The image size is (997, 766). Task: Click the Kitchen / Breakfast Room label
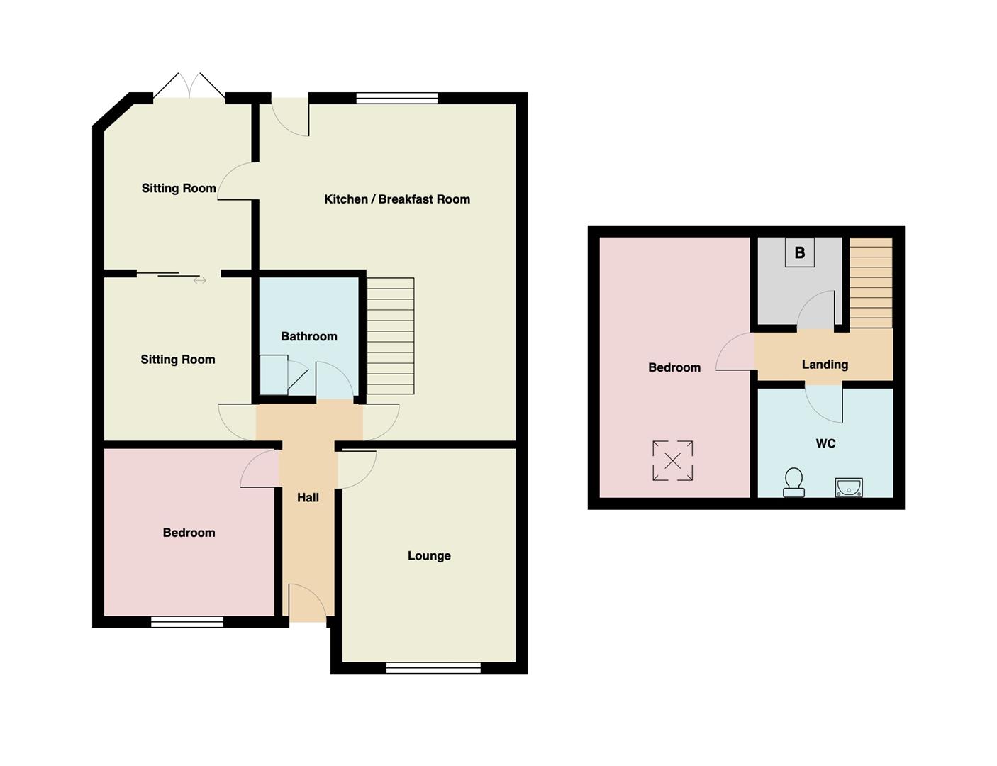tap(397, 199)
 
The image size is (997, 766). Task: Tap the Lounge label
tap(429, 556)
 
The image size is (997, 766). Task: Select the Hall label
tap(308, 498)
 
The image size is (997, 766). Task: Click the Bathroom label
tap(309, 336)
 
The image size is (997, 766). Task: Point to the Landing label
tap(825, 365)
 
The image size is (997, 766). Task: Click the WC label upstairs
tap(825, 444)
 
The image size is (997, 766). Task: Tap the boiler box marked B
tap(800, 252)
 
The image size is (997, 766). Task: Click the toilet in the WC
tap(793, 482)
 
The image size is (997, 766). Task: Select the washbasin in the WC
tap(848, 487)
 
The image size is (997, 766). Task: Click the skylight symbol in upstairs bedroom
tap(672, 461)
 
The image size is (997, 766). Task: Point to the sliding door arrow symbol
tap(200, 280)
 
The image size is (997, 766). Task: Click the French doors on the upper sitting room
tap(189, 86)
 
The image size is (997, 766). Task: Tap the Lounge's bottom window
tap(433, 667)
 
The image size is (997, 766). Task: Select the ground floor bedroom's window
tap(187, 622)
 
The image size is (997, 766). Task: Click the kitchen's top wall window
tap(397, 98)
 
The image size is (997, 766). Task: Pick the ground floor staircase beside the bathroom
tap(390, 336)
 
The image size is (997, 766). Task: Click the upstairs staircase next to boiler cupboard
tap(871, 283)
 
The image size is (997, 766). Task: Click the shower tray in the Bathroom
tap(274, 374)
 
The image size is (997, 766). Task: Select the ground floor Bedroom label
tap(189, 533)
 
